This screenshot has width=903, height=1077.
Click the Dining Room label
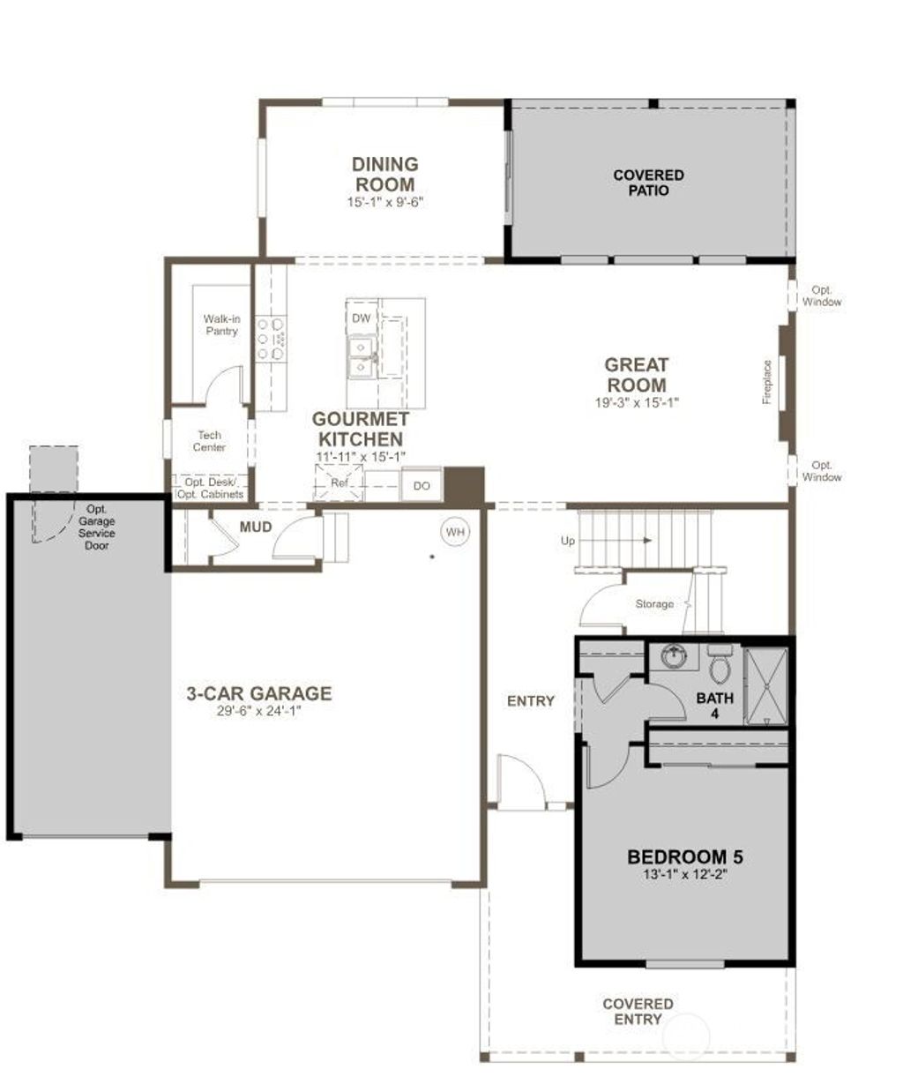tap(385, 174)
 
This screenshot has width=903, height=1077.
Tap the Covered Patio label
tap(648, 183)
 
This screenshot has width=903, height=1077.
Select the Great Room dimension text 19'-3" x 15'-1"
tap(637, 402)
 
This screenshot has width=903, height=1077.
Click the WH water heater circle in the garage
tap(455, 532)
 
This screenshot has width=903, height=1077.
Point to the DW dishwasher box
tap(362, 318)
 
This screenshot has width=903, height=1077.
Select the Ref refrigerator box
tap(340, 483)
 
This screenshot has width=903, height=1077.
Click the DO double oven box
tap(422, 485)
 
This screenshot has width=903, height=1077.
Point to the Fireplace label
tap(767, 382)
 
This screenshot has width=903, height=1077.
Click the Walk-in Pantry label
tap(221, 325)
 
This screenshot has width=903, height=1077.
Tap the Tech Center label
tap(210, 441)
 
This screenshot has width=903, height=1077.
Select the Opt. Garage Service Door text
tap(96, 527)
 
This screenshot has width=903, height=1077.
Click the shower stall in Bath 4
tap(765, 686)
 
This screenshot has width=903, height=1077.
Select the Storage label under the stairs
tap(654, 604)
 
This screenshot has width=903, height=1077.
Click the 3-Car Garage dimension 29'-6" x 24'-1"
tap(258, 712)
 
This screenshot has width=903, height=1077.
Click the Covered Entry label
tap(638, 1011)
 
